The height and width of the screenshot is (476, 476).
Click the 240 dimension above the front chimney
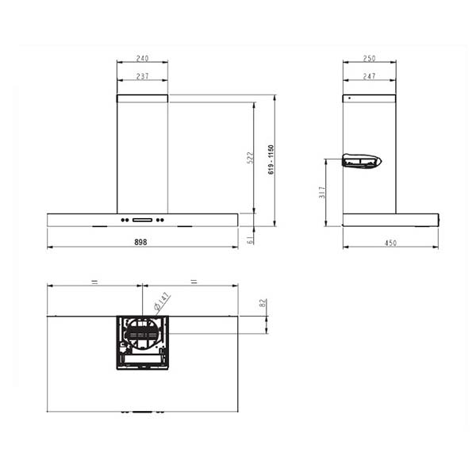pyautogui.click(x=142, y=59)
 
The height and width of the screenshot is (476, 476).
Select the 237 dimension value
pyautogui.click(x=142, y=76)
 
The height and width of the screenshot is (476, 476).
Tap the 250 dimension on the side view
pyautogui.click(x=369, y=59)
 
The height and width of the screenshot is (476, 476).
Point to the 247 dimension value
pyautogui.click(x=369, y=76)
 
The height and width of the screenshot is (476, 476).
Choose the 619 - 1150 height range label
pyautogui.click(x=271, y=159)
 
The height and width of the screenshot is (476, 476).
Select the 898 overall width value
pyautogui.click(x=142, y=242)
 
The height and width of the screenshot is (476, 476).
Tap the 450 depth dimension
pyautogui.click(x=390, y=243)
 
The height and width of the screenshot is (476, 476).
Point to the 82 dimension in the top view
pyautogui.click(x=263, y=304)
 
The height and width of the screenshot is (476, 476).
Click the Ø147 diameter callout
pyautogui.click(x=161, y=301)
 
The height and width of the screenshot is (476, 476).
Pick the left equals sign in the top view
pyautogui.click(x=94, y=282)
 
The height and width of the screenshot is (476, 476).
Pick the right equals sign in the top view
pyautogui.click(x=192, y=282)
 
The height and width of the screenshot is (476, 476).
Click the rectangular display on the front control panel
pyautogui.click(x=143, y=220)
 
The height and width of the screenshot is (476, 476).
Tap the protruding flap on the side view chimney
pyautogui.click(x=362, y=162)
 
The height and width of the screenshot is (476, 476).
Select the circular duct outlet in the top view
pyautogui.click(x=143, y=334)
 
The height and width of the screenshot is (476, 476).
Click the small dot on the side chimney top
pyautogui.click(x=347, y=98)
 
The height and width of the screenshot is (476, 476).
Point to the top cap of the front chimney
pyautogui.click(x=142, y=98)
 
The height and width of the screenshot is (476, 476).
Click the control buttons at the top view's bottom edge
pyautogui.click(x=143, y=413)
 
